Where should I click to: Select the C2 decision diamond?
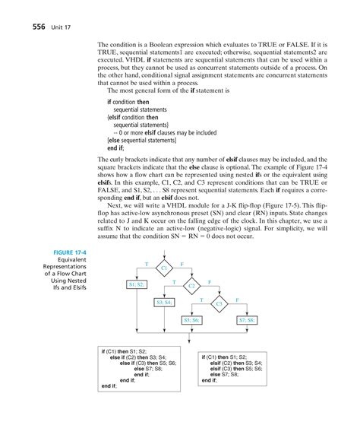pos(192,287)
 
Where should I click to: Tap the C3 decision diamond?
pos(219,304)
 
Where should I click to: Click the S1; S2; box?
pos(138,284)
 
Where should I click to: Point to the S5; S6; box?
pos(191,320)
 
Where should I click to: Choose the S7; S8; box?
pos(248,320)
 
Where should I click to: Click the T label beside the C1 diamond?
pos(146,263)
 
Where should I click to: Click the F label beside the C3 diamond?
pos(238,300)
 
